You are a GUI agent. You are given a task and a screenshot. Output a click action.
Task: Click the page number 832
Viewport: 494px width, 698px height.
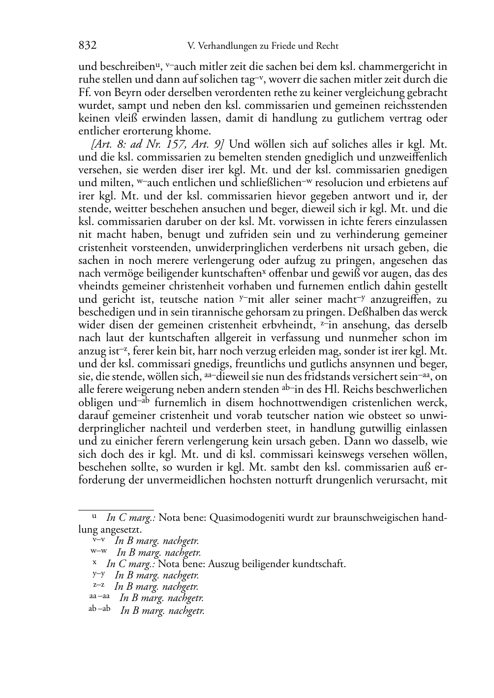pyautogui.click(x=87, y=46)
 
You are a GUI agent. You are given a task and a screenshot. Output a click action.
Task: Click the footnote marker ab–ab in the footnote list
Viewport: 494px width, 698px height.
pyautogui.click(x=99, y=609)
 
